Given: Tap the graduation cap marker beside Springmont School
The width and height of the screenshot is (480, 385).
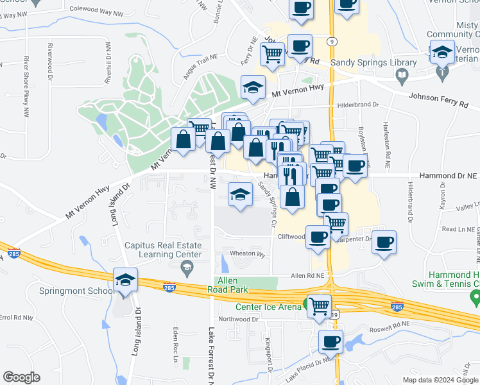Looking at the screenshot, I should click(124, 280).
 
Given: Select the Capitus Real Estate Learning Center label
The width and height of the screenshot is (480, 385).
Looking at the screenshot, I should click(163, 250).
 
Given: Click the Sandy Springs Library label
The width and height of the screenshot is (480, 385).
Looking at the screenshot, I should click(364, 62).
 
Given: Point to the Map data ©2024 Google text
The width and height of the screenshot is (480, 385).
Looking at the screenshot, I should click(440, 380).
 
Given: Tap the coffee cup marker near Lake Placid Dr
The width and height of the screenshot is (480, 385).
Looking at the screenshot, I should click(331, 342).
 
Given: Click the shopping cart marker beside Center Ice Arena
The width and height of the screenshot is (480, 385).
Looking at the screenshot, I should click(319, 305).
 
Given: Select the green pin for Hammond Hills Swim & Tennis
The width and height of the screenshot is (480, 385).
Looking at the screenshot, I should click(474, 297).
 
